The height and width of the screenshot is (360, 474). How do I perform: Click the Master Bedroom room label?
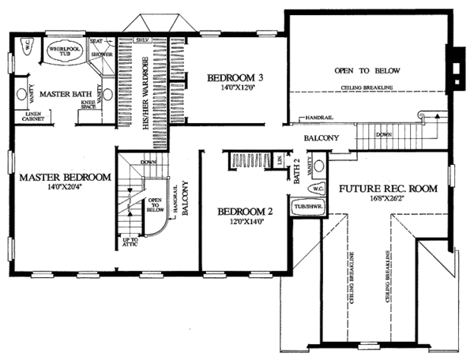point(65,177)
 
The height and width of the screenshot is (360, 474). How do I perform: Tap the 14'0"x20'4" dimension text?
point(65,188)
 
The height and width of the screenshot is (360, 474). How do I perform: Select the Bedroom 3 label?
point(235,77)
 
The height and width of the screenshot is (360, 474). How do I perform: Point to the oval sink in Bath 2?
point(319,167)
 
